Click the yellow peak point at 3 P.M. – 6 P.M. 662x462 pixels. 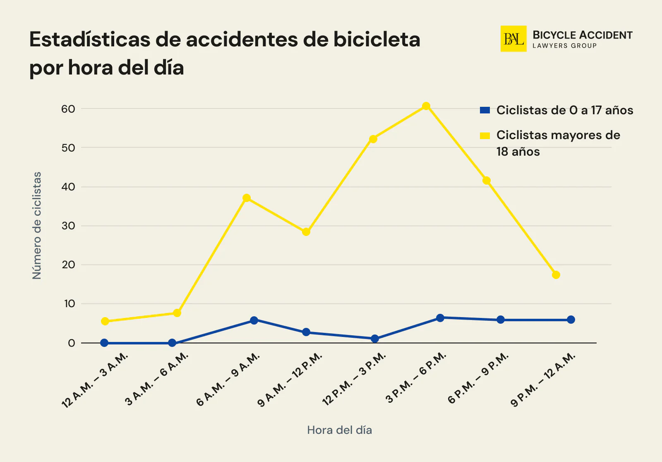tap(426, 106)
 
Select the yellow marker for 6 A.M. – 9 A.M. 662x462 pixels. tap(247, 198)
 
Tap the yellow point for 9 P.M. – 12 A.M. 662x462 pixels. tap(556, 275)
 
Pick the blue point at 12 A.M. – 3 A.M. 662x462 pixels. tap(104, 343)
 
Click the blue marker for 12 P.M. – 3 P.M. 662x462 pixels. tap(375, 339)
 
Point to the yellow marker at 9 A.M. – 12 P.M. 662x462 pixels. tap(306, 232)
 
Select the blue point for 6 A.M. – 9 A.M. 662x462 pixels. tap(254, 320)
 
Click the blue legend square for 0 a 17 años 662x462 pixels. tap(485, 110)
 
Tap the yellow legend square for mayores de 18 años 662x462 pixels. tap(485, 135)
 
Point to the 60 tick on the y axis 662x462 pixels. tap(68, 109)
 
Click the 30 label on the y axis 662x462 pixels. tap(68, 226)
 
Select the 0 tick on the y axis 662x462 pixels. tap(72, 343)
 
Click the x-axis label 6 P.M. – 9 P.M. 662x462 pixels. tap(478, 378)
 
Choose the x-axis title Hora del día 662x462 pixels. tap(339, 430)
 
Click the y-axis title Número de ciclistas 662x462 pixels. tap(37, 226)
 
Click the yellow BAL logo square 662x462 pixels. tap(513, 39)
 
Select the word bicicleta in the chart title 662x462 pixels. tap(377, 40)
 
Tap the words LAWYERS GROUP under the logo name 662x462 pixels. tap(564, 46)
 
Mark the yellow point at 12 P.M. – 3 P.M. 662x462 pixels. tap(373, 139)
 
